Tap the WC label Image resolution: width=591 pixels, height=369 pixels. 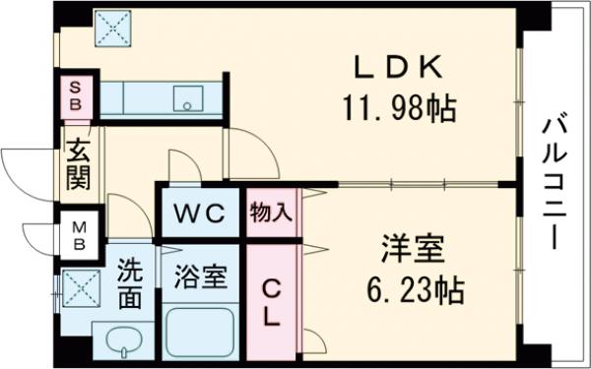coord(200,213)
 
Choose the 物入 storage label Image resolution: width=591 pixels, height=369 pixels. coord(271,213)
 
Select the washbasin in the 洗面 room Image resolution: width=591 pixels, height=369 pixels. coord(122,345)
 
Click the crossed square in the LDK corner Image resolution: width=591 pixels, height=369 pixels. coord(112,29)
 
